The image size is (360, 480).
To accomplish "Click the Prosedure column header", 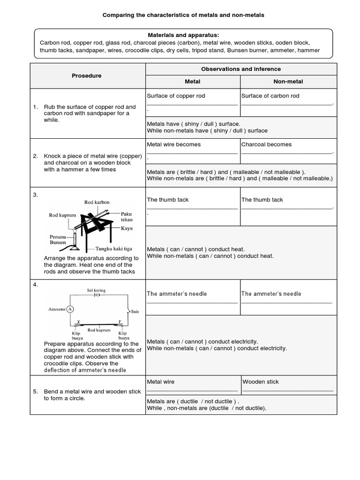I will (86, 75).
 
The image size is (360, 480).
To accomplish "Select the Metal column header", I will (193, 82).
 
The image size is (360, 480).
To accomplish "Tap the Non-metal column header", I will (288, 82).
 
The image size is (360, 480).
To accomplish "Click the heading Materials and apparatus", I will (184, 35).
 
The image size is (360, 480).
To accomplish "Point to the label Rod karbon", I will (97, 202).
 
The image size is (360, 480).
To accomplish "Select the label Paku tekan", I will (127, 217).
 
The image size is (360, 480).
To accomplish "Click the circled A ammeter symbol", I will (69, 309).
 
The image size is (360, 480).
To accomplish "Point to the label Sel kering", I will (96, 291).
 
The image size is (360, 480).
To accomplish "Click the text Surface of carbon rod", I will (270, 96).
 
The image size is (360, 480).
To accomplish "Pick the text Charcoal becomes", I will (266, 144).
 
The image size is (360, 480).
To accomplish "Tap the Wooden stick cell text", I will (261, 382).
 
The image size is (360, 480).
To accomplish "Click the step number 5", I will (35, 391).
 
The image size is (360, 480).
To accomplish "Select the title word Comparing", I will (117, 15).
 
